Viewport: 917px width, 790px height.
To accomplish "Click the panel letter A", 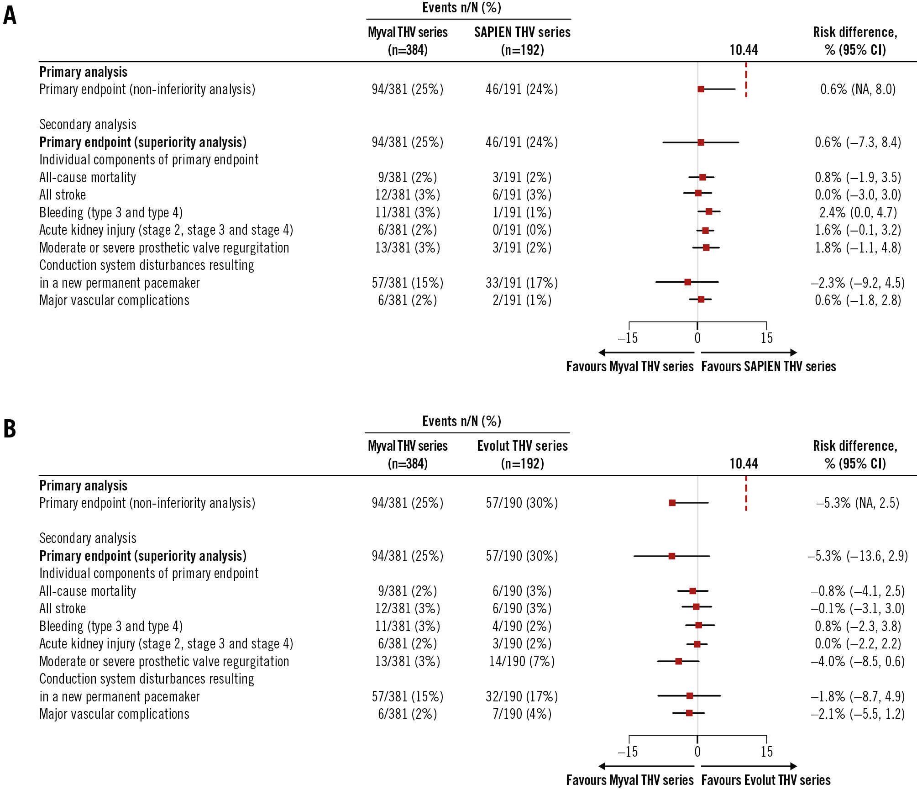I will (10, 15).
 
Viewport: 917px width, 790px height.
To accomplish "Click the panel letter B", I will (10, 429).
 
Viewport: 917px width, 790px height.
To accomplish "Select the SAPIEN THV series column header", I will (522, 41).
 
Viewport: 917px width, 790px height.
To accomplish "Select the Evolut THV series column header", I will (522, 454).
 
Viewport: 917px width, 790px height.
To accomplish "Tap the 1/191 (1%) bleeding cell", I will (522, 212).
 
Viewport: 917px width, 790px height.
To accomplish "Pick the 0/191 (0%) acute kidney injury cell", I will (522, 230).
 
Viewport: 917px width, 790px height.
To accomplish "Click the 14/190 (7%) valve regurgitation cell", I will (522, 661).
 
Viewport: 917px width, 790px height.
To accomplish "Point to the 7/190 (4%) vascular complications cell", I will (522, 714).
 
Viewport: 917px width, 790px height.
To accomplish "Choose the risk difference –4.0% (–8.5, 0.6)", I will (857, 661).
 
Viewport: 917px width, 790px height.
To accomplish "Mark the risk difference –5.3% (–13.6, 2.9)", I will (857, 556).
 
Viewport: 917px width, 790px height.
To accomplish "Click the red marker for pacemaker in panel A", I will (687, 282).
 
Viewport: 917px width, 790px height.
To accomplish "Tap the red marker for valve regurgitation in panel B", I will (678, 661).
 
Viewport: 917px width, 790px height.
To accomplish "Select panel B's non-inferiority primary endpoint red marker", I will (672, 503).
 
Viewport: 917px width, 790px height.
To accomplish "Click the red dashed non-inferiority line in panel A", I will (746, 80).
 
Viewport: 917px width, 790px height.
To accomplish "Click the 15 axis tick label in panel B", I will (767, 752).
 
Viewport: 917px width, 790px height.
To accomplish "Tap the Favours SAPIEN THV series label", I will (768, 367).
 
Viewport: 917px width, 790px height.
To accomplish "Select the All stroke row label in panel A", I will (63, 195).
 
